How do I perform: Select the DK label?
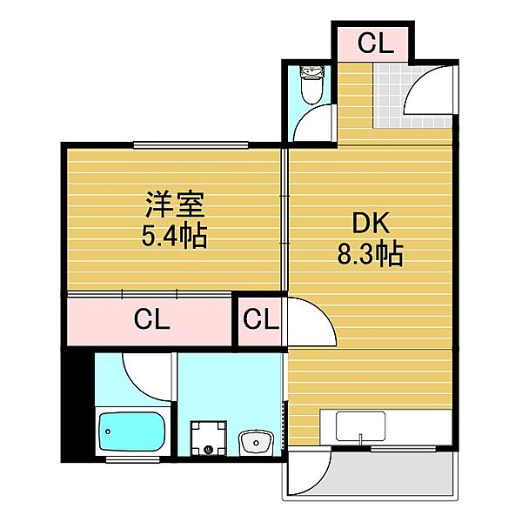370,223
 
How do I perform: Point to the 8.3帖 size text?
370,254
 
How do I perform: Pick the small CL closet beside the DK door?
261,319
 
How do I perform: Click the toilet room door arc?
313,122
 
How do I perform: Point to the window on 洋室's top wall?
191,144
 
